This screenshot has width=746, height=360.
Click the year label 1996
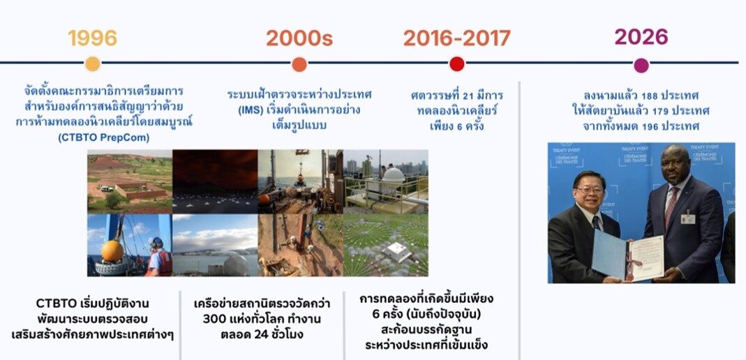tap(92, 38)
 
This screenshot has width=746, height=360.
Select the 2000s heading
tap(299, 38)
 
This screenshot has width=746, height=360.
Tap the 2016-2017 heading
tap(456, 38)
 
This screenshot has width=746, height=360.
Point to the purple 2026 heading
tap(641, 36)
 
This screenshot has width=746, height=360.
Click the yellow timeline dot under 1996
tap(93, 64)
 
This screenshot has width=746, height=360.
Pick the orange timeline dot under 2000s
tap(299, 64)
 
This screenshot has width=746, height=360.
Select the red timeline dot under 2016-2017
tap(456, 64)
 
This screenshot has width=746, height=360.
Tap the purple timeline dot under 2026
tap(641, 65)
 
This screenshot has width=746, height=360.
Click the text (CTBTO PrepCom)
tap(104, 138)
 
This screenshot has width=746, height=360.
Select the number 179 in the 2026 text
tap(664, 112)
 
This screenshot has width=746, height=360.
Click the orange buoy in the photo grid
tap(112, 250)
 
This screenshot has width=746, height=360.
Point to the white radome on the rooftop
tap(394, 176)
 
